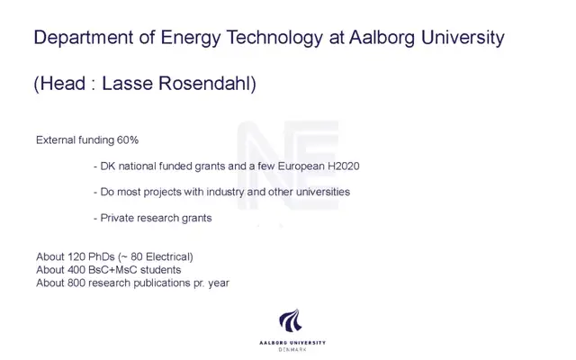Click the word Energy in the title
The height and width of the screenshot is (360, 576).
(190, 38)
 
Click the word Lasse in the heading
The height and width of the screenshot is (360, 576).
(127, 84)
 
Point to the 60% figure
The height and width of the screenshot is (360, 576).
(128, 140)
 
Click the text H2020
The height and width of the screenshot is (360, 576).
(344, 166)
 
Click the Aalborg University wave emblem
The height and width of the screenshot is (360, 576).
(291, 320)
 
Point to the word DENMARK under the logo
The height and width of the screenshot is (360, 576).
(292, 349)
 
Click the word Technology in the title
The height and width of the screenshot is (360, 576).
(274, 38)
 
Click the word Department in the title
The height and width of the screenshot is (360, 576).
(84, 38)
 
